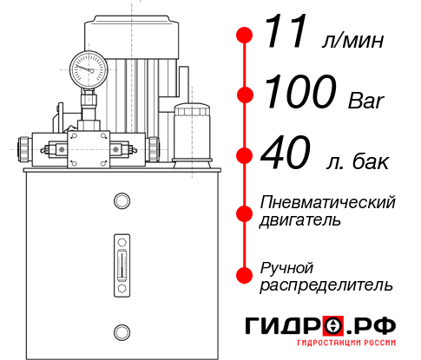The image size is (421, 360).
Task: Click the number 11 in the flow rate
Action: coord(285,31)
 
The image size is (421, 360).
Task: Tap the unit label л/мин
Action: coord(352,40)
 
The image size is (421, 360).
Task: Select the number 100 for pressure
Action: coord(300,91)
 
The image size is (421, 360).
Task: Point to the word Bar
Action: coord(366,100)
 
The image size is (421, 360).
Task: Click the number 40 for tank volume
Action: coord(286,152)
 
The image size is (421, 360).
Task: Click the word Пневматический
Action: coord(327,202)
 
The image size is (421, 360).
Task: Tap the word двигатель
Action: coord(299,220)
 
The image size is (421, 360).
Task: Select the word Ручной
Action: coord(286,269)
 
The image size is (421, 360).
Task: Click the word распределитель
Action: coord(326,285)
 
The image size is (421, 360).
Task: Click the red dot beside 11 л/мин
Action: coord(245,36)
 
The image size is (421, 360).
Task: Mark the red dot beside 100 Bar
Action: coord(245,95)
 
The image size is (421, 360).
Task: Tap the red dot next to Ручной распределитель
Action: coord(245,275)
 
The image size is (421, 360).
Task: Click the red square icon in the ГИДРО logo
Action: coord(333,326)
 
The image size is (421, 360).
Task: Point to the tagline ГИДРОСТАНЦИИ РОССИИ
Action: coord(346,343)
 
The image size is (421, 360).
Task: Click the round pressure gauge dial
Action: coord(89,69)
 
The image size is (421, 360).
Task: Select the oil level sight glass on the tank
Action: coord(122,265)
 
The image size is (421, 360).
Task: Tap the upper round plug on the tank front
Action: coord(122,200)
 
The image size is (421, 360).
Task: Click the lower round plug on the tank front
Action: coord(122,332)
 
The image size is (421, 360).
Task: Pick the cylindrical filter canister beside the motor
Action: coord(192,135)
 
